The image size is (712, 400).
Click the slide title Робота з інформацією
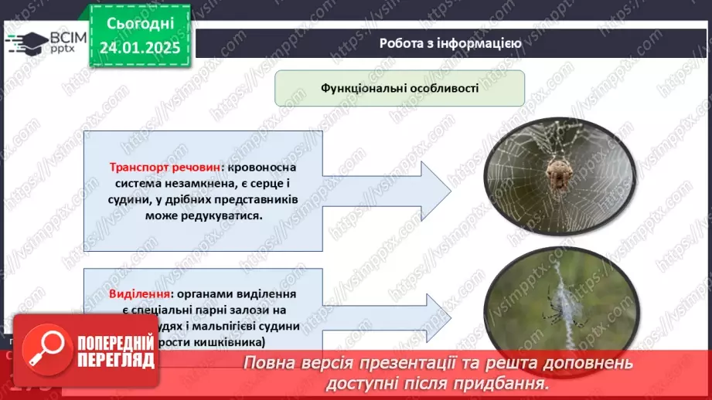pyautogui.click(x=449, y=43)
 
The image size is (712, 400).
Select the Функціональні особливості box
pyautogui.click(x=400, y=88)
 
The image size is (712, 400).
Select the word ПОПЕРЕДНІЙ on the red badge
pyautogui.click(x=113, y=340)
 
